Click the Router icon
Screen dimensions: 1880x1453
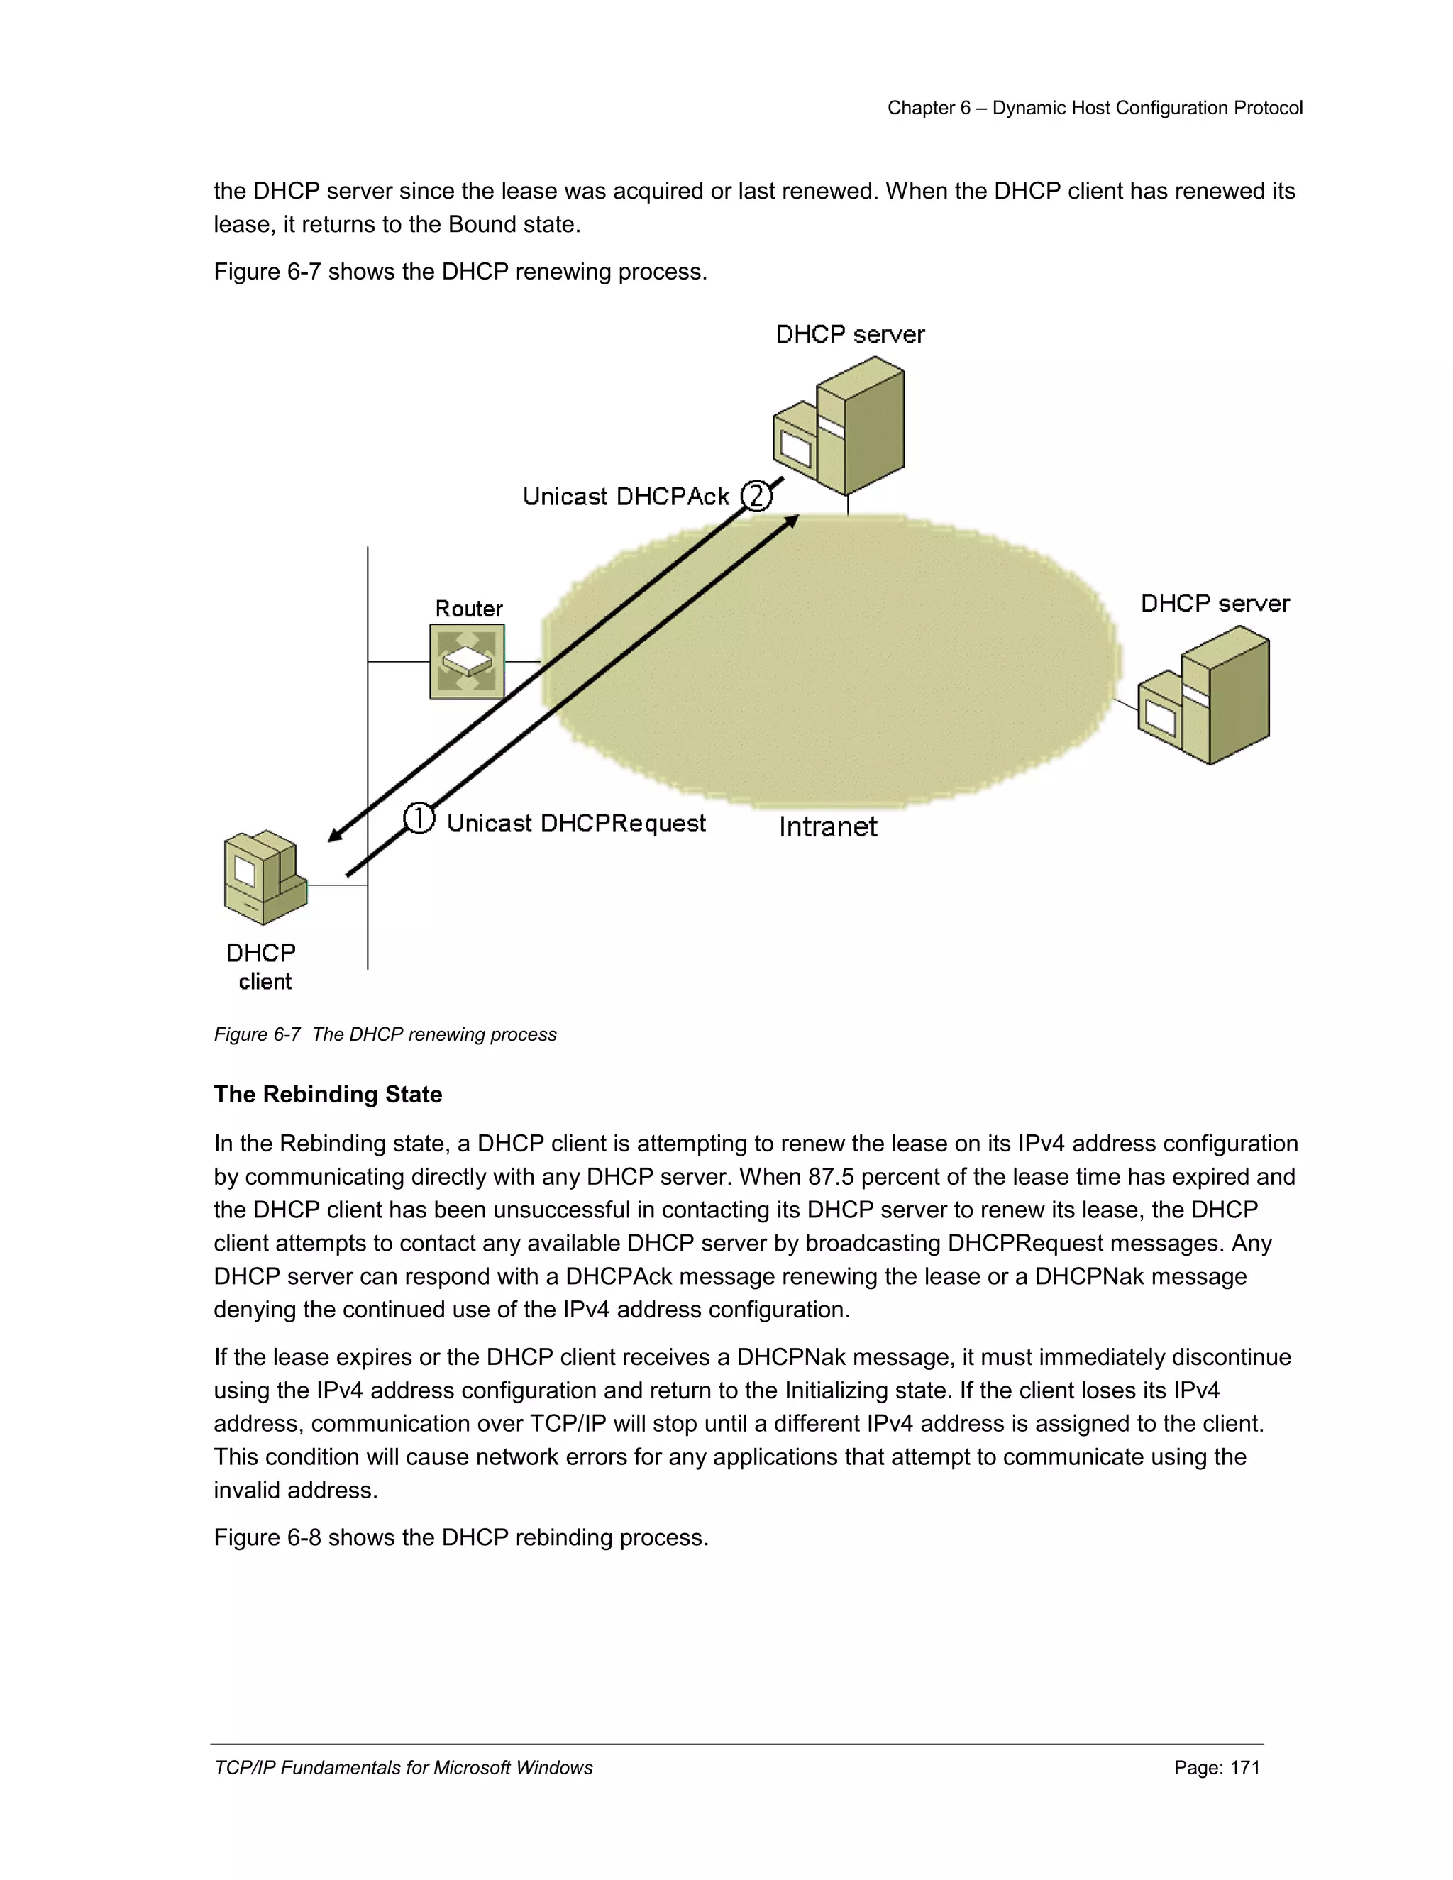point(467,661)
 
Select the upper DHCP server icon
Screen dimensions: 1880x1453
point(839,427)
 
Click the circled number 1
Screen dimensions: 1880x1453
point(419,818)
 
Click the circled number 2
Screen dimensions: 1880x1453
point(756,496)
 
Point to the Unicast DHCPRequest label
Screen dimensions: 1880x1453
point(576,823)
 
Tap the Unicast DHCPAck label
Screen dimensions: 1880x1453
point(626,497)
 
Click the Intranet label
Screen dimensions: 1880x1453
point(827,826)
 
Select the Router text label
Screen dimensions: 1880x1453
point(468,609)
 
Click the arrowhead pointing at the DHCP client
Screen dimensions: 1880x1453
point(336,835)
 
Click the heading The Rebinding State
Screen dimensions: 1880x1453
point(328,1094)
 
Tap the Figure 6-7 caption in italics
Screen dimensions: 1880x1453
point(385,1034)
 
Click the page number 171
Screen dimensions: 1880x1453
point(1244,1767)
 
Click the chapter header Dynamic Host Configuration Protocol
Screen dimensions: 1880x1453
point(1147,108)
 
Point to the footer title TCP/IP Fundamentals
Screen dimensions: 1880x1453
point(403,1767)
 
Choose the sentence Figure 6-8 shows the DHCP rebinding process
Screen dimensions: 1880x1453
point(460,1537)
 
